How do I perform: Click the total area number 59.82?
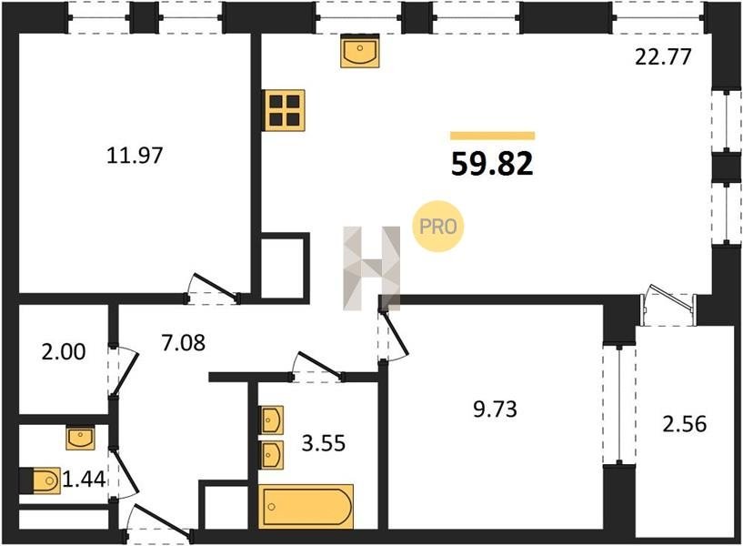(492, 164)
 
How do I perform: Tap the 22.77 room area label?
(663, 57)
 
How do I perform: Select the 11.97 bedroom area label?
(135, 156)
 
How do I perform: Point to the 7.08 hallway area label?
(184, 343)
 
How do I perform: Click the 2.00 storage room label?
(64, 351)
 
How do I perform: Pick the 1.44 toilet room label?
(84, 480)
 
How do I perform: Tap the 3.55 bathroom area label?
(324, 444)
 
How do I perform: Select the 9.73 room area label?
(495, 409)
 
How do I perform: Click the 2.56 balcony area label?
(684, 424)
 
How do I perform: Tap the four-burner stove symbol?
(285, 110)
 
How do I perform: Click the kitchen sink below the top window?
(360, 51)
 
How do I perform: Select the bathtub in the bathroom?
(306, 506)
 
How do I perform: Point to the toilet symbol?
(41, 481)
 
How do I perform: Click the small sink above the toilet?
(80, 438)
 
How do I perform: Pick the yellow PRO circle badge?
(437, 227)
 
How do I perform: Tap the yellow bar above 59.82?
(492, 136)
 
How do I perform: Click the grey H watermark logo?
(371, 268)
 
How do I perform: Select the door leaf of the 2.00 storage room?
(126, 373)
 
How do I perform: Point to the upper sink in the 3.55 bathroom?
(271, 420)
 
